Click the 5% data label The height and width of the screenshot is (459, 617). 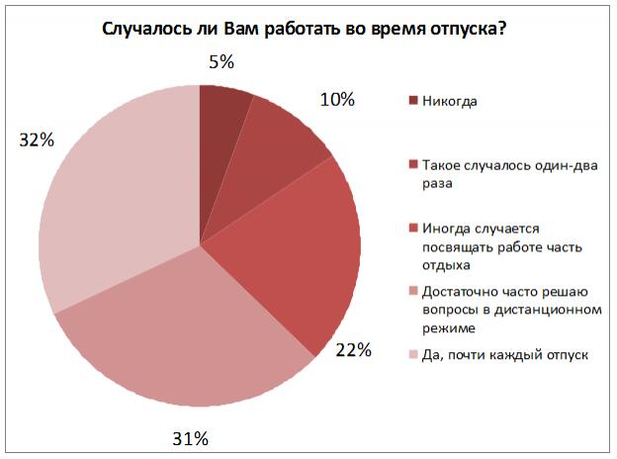point(220,62)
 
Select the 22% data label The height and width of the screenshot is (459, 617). point(353,349)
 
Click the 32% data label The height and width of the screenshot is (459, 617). point(36,140)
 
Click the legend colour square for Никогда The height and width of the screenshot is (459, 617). point(411,100)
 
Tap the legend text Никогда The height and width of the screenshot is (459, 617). point(451,100)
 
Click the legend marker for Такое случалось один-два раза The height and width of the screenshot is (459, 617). point(411,164)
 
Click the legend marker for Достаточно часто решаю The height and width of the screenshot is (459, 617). point(411,293)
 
